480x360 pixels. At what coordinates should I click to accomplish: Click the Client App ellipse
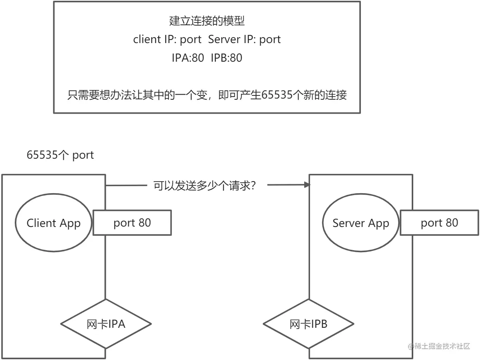point(53,223)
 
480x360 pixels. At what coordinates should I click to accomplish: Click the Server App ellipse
point(360,223)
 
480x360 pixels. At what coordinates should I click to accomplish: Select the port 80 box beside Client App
point(132,223)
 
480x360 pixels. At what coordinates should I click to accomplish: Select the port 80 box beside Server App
point(439,223)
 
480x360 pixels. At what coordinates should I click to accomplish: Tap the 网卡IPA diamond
point(106,324)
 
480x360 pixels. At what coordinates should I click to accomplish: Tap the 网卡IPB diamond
point(308,324)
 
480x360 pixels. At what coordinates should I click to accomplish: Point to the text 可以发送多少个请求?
point(204,185)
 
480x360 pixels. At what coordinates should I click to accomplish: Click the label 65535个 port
point(60,155)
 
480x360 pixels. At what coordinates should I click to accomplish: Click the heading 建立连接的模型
point(207,21)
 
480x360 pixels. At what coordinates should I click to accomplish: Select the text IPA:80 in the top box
point(187,58)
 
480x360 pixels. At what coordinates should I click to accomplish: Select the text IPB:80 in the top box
point(226,58)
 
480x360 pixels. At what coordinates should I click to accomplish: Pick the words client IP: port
point(167,39)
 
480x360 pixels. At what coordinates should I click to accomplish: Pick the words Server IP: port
point(244,39)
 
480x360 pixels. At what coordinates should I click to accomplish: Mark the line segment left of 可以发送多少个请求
point(126,185)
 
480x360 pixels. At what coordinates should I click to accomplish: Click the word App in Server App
point(378,223)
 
